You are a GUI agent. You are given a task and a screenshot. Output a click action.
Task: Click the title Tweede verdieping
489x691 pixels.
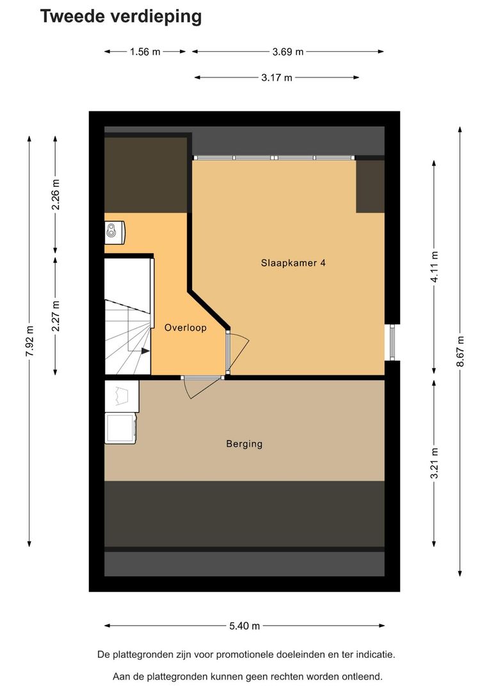[121, 16]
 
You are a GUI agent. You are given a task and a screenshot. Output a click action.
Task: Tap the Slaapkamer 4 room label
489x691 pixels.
[293, 263]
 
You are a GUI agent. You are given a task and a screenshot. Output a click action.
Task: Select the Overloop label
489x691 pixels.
[185, 328]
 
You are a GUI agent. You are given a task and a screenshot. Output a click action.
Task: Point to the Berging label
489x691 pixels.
[245, 444]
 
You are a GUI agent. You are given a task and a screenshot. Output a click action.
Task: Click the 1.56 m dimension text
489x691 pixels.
[145, 52]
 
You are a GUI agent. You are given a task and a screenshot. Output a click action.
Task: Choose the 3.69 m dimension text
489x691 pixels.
[288, 52]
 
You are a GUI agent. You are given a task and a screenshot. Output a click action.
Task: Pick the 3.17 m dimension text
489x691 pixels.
[277, 78]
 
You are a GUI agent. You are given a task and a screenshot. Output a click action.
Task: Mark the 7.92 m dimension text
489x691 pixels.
[29, 342]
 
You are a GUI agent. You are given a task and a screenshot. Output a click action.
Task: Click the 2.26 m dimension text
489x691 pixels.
[56, 195]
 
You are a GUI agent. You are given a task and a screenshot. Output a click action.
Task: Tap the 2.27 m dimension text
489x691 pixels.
[56, 316]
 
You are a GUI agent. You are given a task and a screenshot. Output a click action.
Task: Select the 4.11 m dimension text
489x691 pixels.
[435, 267]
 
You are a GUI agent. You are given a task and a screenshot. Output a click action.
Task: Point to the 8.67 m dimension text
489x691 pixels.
[460, 351]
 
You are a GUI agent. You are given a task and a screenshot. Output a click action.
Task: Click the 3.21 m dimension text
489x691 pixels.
[435, 463]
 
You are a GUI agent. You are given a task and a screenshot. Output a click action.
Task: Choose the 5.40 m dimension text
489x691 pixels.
[245, 626]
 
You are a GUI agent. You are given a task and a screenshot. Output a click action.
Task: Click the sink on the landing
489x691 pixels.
[115, 232]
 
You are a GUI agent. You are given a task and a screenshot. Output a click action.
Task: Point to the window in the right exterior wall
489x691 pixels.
[392, 342]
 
